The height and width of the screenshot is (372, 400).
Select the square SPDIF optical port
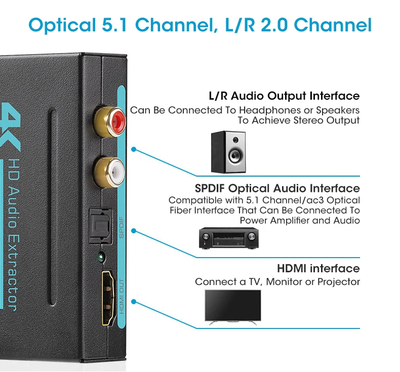[x=100, y=222]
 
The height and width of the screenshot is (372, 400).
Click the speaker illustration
[x=228, y=151]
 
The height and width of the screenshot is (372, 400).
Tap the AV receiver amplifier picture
[x=228, y=238]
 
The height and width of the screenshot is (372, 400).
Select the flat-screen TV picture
[x=232, y=307]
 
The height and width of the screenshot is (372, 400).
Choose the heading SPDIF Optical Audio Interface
[x=277, y=189]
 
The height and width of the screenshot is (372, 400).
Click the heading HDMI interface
[x=318, y=268]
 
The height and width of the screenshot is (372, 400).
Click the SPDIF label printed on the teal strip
[x=122, y=226]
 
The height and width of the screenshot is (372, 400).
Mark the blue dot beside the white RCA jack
[x=134, y=149]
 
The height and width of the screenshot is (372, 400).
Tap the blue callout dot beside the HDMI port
[x=134, y=302]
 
